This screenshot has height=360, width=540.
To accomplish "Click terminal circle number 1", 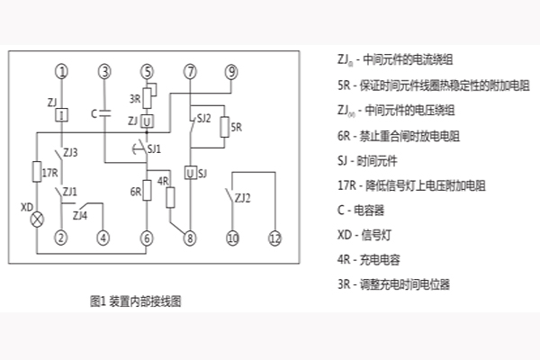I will point(60,71).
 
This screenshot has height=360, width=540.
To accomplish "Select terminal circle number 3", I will point(105,71).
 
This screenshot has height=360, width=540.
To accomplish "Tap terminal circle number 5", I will point(148,71).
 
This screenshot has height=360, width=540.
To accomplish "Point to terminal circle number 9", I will point(231,71).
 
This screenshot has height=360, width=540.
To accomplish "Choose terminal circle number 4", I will point(105,238).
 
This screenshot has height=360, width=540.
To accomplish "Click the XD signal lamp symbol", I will point(37,219).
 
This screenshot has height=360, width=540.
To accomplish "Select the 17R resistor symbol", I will point(37,170).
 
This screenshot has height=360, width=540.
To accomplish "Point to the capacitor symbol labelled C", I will point(105,114).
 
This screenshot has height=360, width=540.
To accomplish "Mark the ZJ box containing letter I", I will point(60,115).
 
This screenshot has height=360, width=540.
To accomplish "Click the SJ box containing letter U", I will point(190,172).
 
